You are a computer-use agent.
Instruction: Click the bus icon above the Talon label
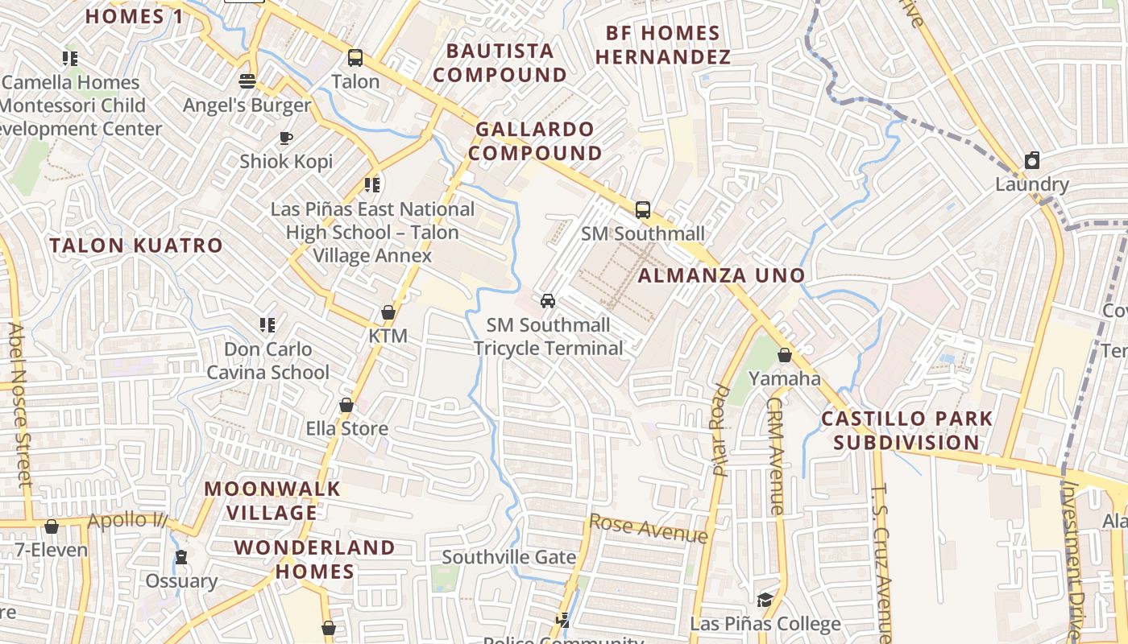pyautogui.click(x=355, y=58)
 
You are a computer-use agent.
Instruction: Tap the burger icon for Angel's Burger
pyautogui.click(x=247, y=81)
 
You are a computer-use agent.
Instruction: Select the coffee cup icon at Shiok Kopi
pyautogui.click(x=286, y=138)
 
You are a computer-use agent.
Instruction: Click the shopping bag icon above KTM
pyautogui.click(x=388, y=312)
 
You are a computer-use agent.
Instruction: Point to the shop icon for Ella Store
pyautogui.click(x=346, y=405)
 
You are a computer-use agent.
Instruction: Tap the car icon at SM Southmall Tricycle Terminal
pyautogui.click(x=548, y=301)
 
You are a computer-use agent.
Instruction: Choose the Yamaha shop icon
pyautogui.click(x=784, y=355)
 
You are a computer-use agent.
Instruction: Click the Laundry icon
pyautogui.click(x=1032, y=160)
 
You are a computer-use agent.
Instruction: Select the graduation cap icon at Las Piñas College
pyautogui.click(x=765, y=601)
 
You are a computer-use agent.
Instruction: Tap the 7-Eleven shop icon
pyautogui.click(x=52, y=526)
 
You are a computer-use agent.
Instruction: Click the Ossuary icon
pyautogui.click(x=181, y=557)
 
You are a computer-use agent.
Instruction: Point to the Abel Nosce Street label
pyautogui.click(x=19, y=405)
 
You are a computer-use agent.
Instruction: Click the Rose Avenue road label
pyautogui.click(x=649, y=529)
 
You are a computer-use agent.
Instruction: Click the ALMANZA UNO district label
pyautogui.click(x=722, y=275)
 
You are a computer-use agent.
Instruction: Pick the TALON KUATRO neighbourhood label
pyautogui.click(x=136, y=246)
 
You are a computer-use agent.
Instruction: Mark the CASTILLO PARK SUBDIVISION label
pyautogui.click(x=906, y=431)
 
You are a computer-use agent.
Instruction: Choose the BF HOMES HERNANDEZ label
pyautogui.click(x=663, y=45)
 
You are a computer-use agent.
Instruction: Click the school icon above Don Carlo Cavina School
pyautogui.click(x=267, y=325)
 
